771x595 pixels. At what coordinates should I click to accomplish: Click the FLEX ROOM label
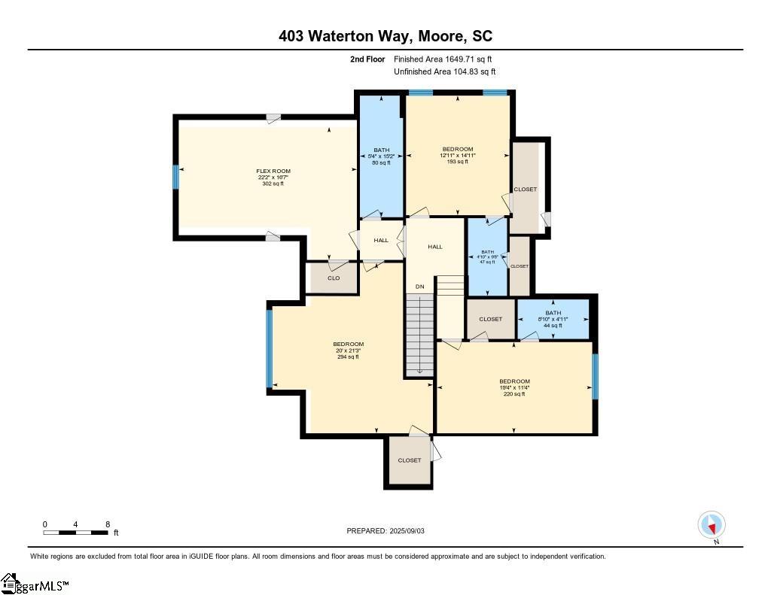point(273,172)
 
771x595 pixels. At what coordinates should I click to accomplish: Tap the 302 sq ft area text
point(273,184)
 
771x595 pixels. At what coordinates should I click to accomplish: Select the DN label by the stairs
point(419,287)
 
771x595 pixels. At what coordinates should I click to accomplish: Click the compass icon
point(712,524)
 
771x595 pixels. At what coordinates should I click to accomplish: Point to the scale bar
point(76,532)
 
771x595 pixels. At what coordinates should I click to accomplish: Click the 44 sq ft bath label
point(553,319)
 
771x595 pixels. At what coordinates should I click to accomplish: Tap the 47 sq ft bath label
point(487,257)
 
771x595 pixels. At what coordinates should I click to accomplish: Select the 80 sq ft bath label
point(382,156)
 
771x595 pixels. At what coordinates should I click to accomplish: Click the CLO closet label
point(333,278)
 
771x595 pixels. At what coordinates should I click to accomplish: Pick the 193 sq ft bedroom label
point(458,155)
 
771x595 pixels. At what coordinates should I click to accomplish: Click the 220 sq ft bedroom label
point(514,387)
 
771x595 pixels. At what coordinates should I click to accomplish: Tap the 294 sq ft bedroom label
point(349,351)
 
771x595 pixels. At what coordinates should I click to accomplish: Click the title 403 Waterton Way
point(385,36)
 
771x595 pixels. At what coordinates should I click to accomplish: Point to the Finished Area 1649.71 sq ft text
point(443,59)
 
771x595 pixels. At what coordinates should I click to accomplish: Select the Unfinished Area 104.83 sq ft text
point(444,71)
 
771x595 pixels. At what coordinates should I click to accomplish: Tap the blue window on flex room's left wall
point(176,177)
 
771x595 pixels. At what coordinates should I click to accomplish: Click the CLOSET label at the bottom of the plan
point(410,460)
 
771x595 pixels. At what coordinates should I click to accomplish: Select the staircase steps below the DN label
point(419,335)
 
